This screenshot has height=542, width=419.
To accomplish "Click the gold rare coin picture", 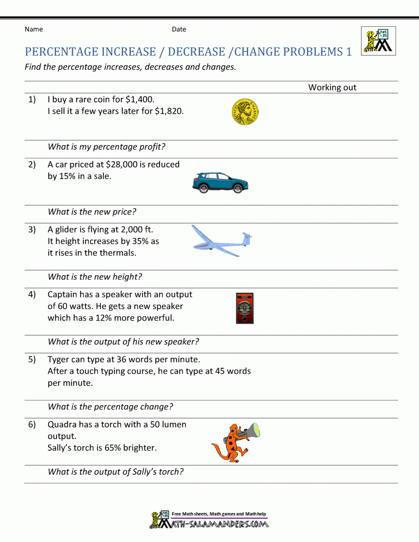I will [245, 112].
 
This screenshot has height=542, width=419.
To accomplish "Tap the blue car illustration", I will [220, 183].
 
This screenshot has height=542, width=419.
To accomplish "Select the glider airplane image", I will [222, 241].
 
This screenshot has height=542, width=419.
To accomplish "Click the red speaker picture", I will [245, 308].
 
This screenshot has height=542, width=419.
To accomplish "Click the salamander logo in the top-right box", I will [378, 41].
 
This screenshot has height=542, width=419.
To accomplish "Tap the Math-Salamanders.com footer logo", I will [209, 520].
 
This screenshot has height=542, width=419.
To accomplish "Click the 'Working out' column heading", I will [332, 88].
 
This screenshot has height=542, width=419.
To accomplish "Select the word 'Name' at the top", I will [34, 29].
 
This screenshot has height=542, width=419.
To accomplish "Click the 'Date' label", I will [179, 29].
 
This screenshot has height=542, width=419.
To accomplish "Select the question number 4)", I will [32, 294].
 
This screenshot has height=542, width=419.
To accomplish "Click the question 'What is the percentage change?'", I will [110, 407].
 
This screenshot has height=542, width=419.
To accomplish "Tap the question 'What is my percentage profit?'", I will [106, 147].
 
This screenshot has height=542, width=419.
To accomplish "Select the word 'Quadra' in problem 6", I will [62, 424].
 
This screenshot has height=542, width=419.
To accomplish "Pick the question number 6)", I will [32, 424].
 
